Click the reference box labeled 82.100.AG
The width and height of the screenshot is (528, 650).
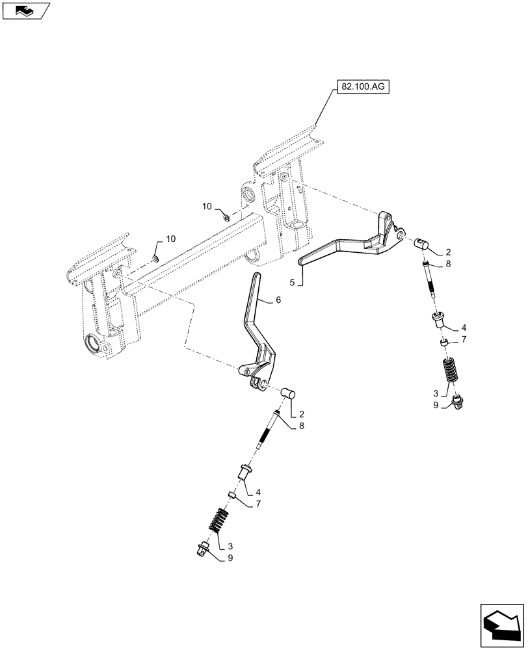pos(362,87)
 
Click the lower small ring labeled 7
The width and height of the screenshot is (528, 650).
pos(231,496)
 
